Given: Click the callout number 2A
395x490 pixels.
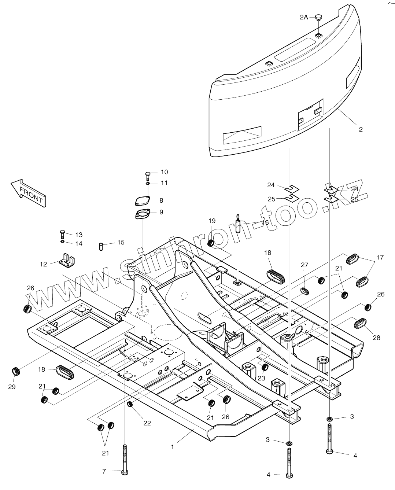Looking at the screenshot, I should pyautogui.click(x=304, y=17).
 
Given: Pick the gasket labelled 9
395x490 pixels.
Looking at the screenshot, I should pyautogui.click(x=142, y=214).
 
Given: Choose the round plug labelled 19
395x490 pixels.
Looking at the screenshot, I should pyautogui.click(x=211, y=243).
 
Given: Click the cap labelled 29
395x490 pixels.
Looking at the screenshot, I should pyautogui.click(x=16, y=371).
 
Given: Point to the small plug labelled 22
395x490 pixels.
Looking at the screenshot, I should pyautogui.click(x=130, y=405).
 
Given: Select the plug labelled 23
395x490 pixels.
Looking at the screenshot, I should pyautogui.click(x=264, y=367).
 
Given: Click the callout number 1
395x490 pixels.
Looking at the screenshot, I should pyautogui.click(x=173, y=447).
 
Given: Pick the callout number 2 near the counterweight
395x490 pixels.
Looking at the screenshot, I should pyautogui.click(x=361, y=129).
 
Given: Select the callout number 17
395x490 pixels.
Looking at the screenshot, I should pyautogui.click(x=380, y=257).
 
